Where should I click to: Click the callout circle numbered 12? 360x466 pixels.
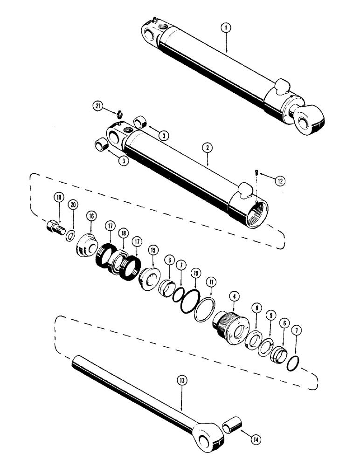279,179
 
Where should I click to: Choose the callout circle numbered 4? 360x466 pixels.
233,295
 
